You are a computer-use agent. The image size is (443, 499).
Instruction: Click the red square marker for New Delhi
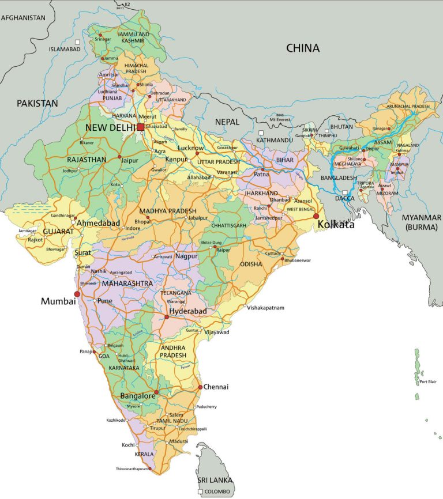[x=140, y=127]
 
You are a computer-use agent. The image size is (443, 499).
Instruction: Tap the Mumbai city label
[x=58, y=301]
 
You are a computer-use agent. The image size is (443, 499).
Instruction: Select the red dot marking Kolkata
[x=316, y=216]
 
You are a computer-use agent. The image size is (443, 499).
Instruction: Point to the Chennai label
[x=217, y=387]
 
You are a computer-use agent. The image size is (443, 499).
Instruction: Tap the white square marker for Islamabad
[x=77, y=41]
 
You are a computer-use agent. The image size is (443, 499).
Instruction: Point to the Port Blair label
[x=430, y=381]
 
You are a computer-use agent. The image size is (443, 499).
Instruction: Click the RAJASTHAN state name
[x=87, y=159]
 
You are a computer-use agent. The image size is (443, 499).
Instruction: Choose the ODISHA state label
[x=251, y=264]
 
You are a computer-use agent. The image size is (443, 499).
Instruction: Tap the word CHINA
[x=303, y=48]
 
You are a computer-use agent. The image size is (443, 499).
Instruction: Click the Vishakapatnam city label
[x=266, y=308]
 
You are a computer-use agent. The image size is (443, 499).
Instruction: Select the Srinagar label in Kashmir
[x=103, y=40]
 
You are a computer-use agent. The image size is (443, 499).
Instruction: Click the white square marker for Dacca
[x=344, y=192]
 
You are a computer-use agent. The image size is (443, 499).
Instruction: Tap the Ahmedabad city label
[x=99, y=223]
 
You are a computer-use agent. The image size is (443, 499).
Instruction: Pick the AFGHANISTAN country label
[x=23, y=18]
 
